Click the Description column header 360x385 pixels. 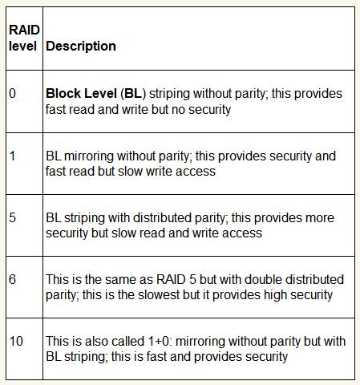tap(81, 47)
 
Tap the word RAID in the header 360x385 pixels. tap(24, 30)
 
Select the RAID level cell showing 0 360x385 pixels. tap(12, 94)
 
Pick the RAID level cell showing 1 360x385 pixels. tap(12, 156)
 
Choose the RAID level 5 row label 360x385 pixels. tap(12, 217)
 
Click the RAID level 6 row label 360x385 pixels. tap(12, 279)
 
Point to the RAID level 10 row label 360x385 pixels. tap(16, 341)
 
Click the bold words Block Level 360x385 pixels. tap(81, 94)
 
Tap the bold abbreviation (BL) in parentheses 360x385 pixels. tap(133, 94)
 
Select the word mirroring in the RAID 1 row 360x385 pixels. tap(89, 156)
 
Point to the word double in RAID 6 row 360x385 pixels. tap(263, 279)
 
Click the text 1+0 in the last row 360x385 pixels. tap(159, 341)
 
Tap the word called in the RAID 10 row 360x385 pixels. tap(127, 341)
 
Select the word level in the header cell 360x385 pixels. tap(22, 46)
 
